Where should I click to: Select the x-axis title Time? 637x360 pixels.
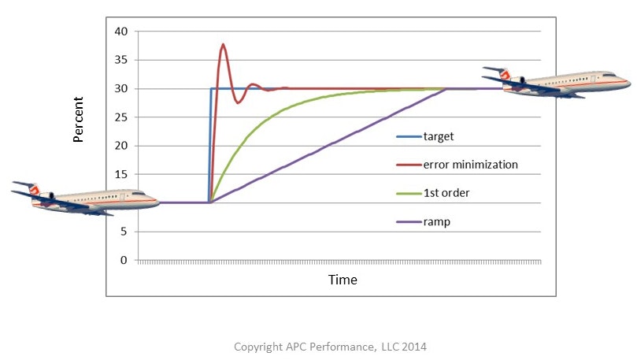(x=343, y=280)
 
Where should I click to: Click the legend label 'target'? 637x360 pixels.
(x=439, y=136)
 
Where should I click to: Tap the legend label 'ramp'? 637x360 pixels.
(x=436, y=221)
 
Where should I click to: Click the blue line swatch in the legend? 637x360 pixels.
(x=407, y=136)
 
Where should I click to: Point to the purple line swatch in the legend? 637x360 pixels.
(x=407, y=221)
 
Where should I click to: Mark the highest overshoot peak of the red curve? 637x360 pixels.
(x=224, y=44)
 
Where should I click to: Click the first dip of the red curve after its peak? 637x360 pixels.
(x=238, y=102)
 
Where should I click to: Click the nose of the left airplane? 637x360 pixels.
(x=157, y=203)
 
